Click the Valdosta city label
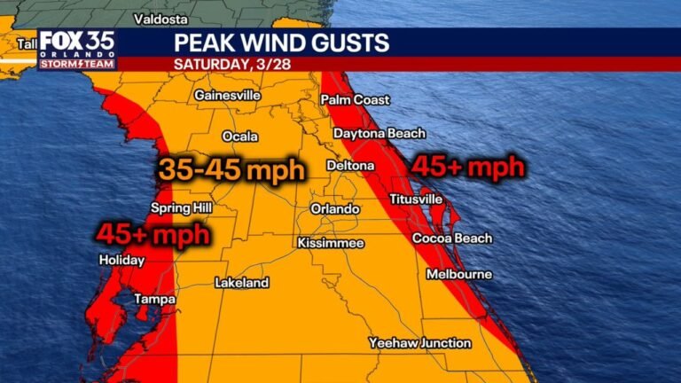[x=160, y=19]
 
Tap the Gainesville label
[x=227, y=95]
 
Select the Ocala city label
[x=239, y=137]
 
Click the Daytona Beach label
[x=380, y=134]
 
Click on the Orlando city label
[x=335, y=209]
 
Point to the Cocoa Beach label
[x=452, y=238]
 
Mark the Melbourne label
[x=458, y=275]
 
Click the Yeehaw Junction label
[x=420, y=343]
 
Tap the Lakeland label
[x=241, y=284]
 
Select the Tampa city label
[x=154, y=301]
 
